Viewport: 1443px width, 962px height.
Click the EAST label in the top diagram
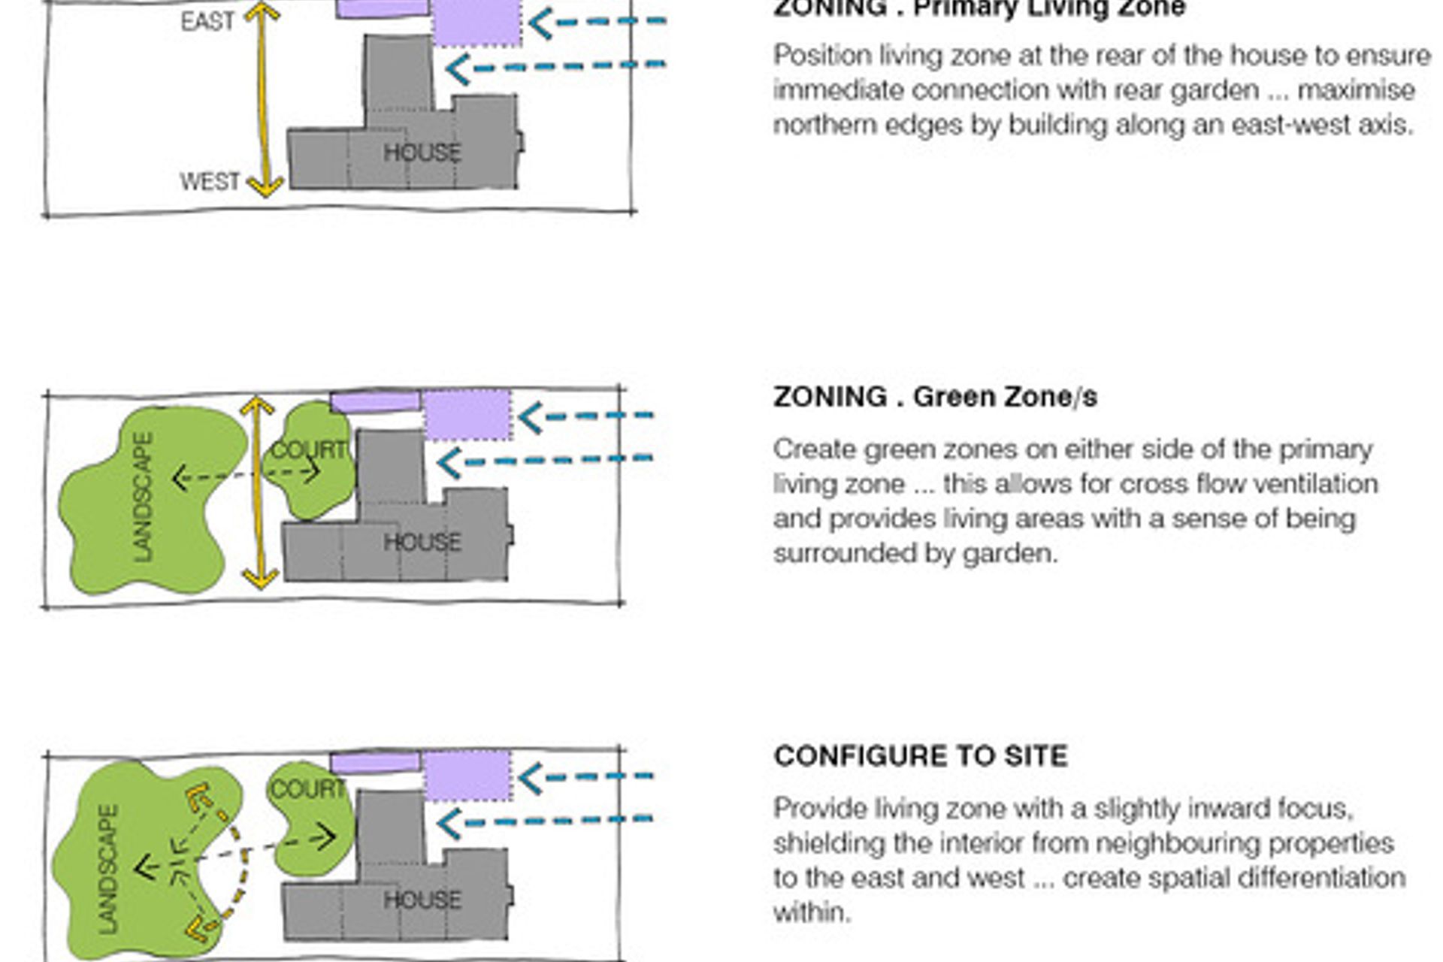(x=207, y=22)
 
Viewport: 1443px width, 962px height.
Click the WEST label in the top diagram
(x=209, y=182)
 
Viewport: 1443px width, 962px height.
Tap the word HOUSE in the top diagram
(x=422, y=153)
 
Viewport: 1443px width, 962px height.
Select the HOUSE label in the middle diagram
(x=422, y=542)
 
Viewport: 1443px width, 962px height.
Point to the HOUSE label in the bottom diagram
(x=422, y=900)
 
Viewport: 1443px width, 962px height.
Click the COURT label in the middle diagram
(x=308, y=450)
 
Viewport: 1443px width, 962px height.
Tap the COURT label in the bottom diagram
(x=307, y=789)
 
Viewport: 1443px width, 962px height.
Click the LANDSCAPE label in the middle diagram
(x=142, y=497)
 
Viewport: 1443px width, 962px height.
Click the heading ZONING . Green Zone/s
(x=935, y=397)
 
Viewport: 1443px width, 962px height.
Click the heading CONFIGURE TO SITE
(x=921, y=756)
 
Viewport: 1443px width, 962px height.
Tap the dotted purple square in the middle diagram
(x=467, y=415)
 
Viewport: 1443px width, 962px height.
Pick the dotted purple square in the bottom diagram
(x=467, y=776)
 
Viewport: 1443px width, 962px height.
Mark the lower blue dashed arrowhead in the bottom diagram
(x=448, y=824)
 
